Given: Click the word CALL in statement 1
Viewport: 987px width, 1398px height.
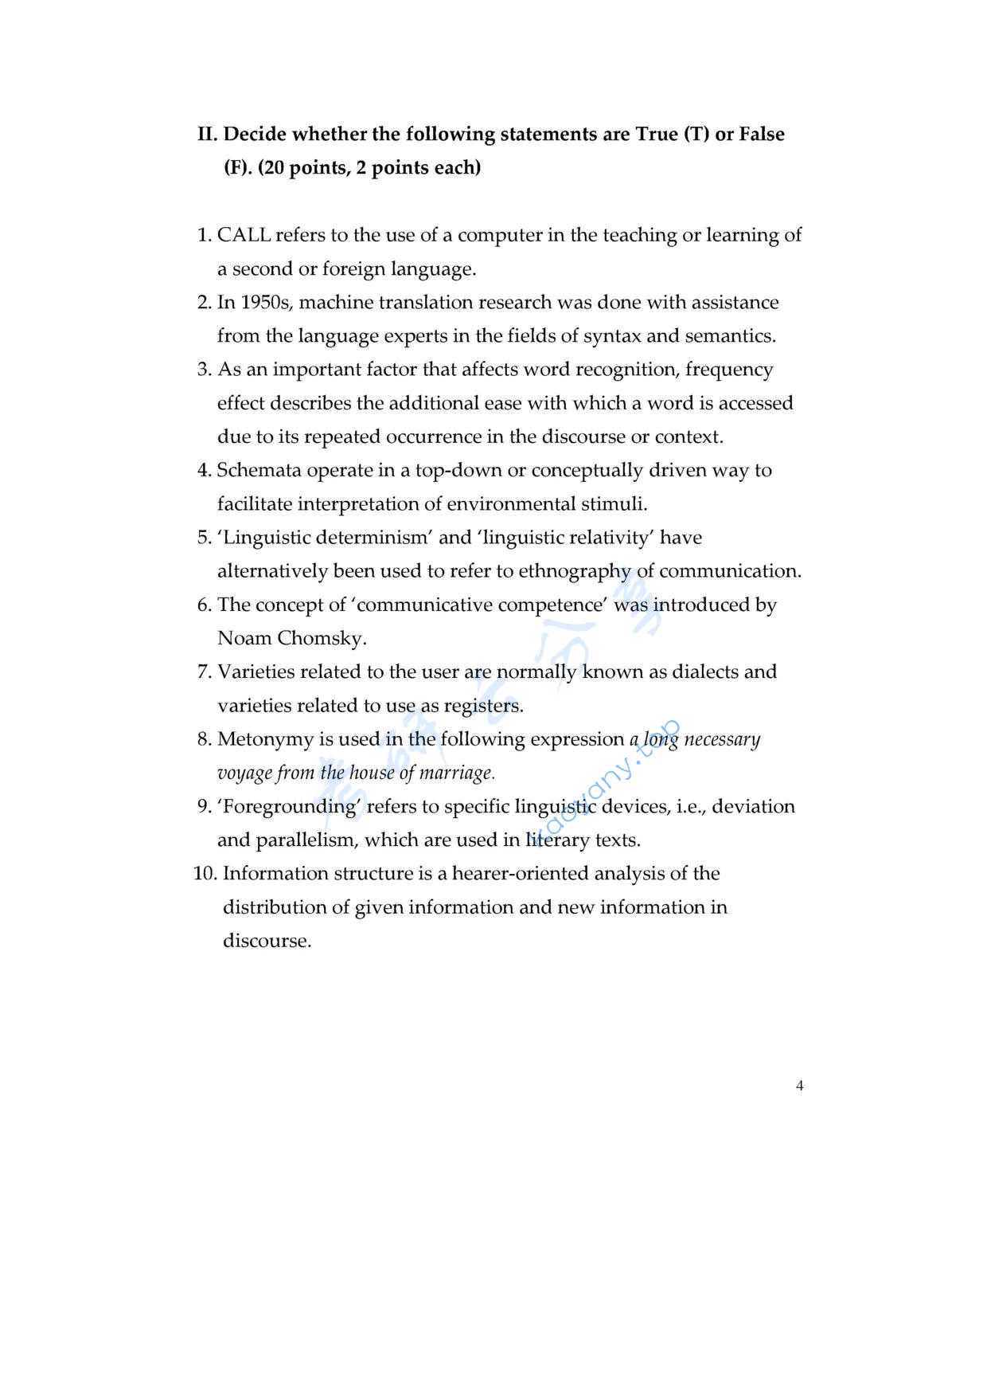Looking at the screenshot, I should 244,235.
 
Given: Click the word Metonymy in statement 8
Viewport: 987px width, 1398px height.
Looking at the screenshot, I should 265,740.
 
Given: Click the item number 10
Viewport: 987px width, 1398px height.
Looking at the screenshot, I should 205,874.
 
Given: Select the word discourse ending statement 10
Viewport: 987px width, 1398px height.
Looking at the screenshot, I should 266,942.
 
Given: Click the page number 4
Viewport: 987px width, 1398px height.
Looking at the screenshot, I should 799,1086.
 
